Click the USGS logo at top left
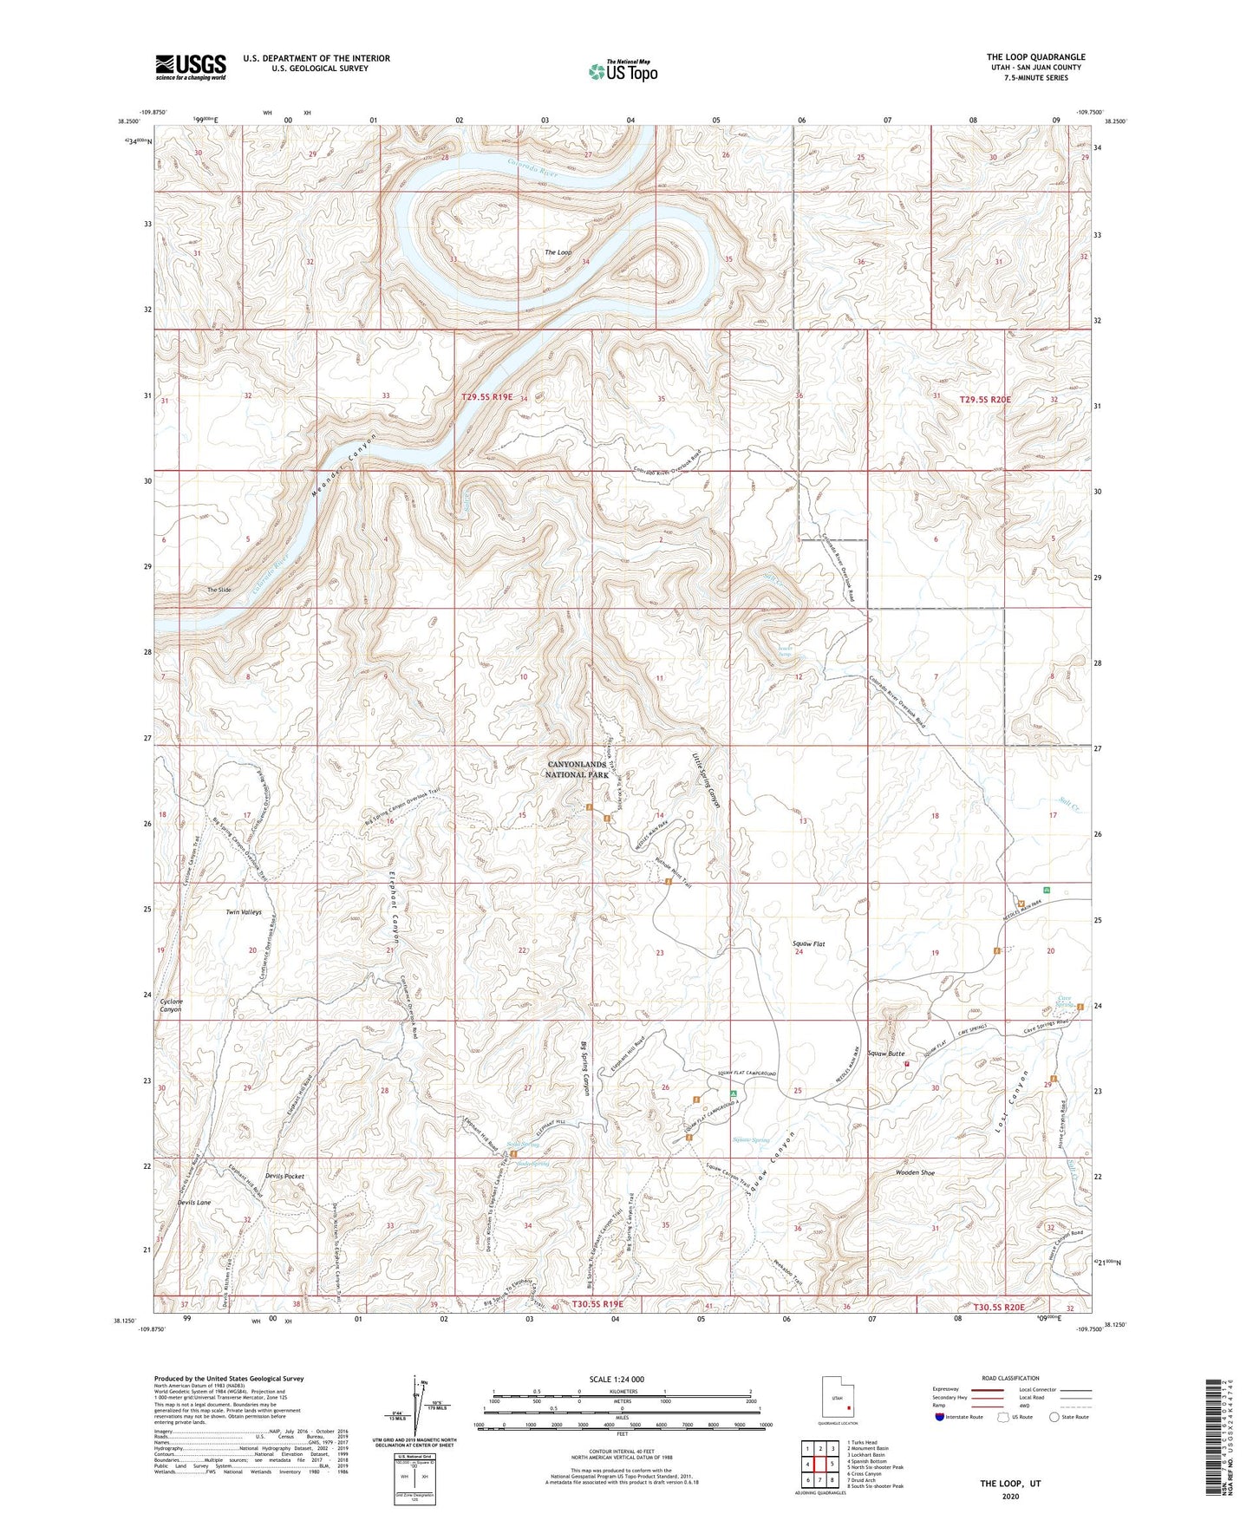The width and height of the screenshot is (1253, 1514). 190,67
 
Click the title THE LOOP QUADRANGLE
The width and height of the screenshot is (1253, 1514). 1035,57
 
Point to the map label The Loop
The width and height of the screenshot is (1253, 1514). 558,252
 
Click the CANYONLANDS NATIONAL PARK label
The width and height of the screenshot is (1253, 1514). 579,769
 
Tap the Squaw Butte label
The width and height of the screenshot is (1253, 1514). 885,1054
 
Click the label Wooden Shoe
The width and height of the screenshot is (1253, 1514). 915,1172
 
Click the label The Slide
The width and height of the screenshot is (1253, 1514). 219,590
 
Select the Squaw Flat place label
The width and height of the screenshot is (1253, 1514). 808,943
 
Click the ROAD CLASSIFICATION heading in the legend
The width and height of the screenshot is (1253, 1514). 1012,1378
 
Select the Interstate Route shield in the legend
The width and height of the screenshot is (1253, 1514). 942,1417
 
